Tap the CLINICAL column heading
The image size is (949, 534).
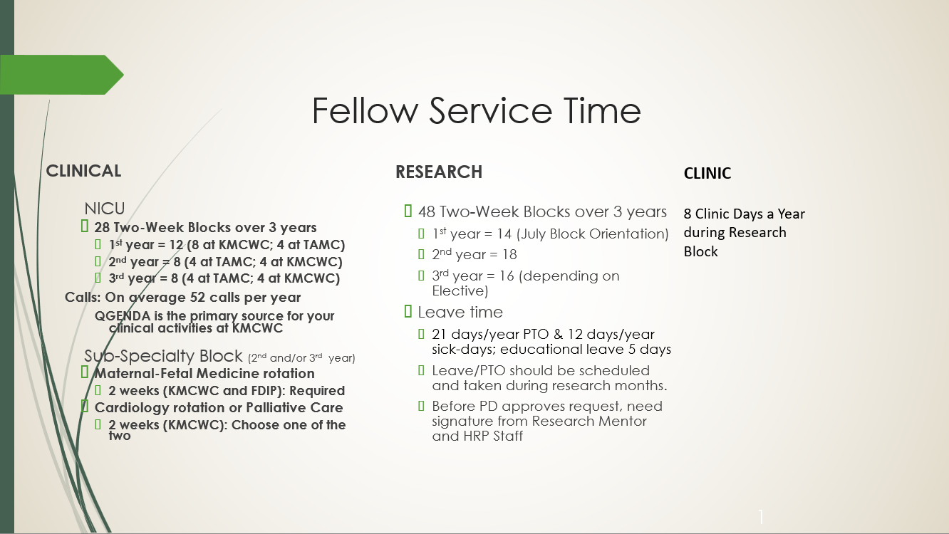[83, 171]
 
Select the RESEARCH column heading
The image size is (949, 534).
[439, 172]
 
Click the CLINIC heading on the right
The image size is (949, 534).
[707, 173]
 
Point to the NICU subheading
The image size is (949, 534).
[105, 209]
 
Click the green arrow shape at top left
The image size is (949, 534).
[62, 75]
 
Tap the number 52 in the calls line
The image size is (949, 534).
[197, 298]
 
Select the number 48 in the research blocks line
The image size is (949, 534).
[427, 211]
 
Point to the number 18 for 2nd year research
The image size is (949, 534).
[509, 254]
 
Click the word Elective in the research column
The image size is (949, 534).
[458, 291]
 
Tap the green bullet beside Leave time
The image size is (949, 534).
[408, 312]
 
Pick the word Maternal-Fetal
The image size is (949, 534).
[143, 374]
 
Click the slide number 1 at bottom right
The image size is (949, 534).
[761, 517]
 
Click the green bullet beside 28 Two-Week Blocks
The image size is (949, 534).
[85, 226]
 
